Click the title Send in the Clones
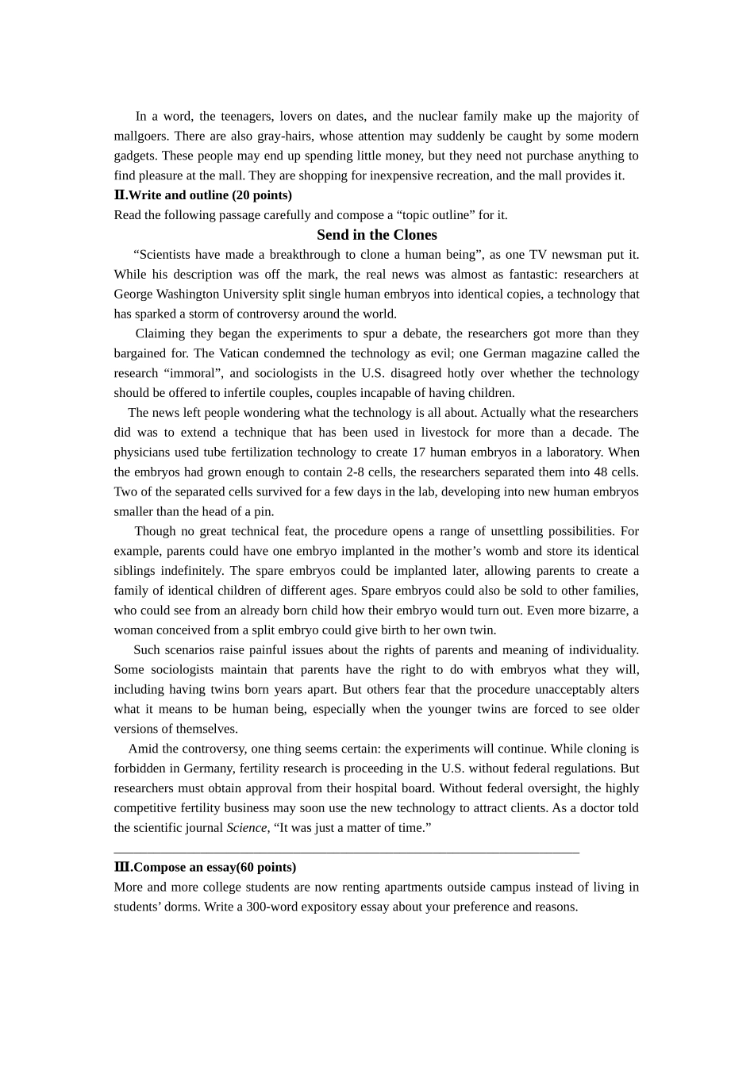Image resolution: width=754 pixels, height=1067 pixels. (376, 235)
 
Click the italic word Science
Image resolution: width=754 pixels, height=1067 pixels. (246, 828)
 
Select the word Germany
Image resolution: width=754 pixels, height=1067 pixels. (208, 768)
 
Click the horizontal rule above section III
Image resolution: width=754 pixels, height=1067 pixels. (346, 853)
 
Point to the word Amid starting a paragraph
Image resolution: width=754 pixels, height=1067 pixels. (143, 749)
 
